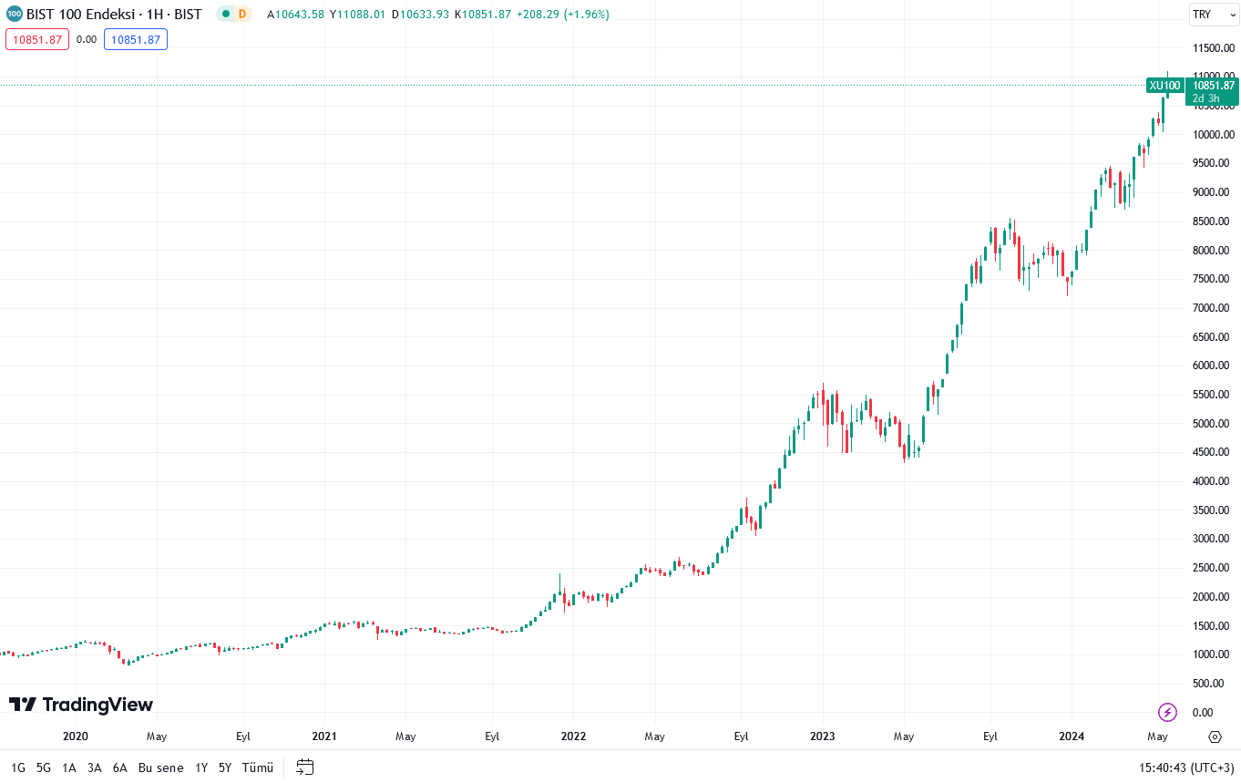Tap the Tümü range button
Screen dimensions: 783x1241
(x=257, y=768)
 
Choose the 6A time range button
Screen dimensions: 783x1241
(x=120, y=768)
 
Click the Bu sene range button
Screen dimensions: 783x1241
(x=160, y=768)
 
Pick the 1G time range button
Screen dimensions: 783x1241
(x=18, y=768)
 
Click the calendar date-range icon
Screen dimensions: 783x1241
(x=305, y=768)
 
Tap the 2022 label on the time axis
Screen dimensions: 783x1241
(x=573, y=737)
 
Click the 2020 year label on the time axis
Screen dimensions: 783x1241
(x=75, y=737)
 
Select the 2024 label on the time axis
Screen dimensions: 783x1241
(x=1072, y=737)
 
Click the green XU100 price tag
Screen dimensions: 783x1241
(x=1164, y=86)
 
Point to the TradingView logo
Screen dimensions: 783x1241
(x=81, y=705)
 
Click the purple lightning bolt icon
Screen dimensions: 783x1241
(x=1167, y=712)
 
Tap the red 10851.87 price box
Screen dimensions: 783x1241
(x=37, y=39)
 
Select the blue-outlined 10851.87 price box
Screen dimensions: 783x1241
(x=136, y=39)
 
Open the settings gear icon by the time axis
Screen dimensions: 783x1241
(x=1215, y=737)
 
